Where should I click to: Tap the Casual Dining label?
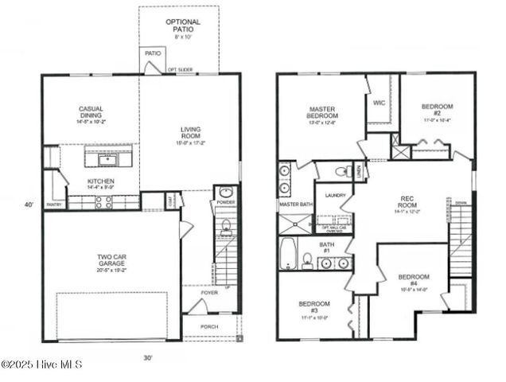tap(90, 115)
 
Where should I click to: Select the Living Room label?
tap(190, 135)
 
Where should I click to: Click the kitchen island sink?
tap(107, 160)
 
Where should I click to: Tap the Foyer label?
tap(208, 292)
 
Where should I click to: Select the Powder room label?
tap(226, 203)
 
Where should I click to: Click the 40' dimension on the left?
tap(29, 205)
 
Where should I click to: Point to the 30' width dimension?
tap(148, 358)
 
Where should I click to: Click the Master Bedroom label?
tap(321, 117)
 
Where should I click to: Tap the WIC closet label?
tap(379, 103)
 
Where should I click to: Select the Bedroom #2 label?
tap(436, 112)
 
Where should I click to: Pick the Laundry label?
tap(335, 194)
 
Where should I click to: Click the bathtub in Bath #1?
tap(288, 255)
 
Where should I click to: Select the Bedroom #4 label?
tap(413, 282)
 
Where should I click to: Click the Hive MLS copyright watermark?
tap(41, 364)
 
